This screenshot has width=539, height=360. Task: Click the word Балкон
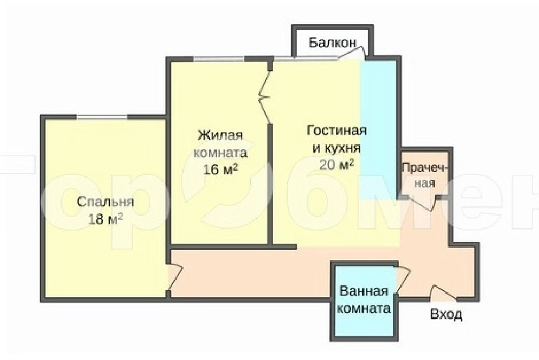(332, 43)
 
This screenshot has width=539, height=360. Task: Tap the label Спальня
(105, 202)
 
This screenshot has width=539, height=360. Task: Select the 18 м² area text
(105, 218)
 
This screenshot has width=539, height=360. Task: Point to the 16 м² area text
(221, 169)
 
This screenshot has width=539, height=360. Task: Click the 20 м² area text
(336, 165)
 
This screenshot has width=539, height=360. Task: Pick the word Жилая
(221, 135)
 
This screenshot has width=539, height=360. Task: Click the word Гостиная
(336, 131)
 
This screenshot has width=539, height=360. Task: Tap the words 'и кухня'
(336, 148)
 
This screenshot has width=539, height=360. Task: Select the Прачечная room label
(425, 175)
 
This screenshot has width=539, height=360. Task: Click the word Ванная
(364, 291)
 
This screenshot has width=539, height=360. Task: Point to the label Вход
(446, 315)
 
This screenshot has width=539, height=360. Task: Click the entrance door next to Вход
(443, 292)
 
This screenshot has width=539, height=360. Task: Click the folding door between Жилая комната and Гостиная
(265, 96)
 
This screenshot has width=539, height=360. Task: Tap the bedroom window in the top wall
(102, 117)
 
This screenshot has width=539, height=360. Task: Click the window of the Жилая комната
(219, 59)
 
